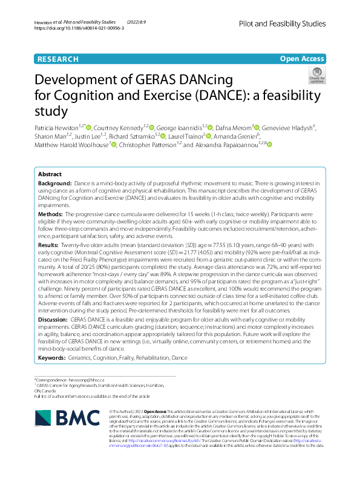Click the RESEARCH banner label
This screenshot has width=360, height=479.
tap(57, 59)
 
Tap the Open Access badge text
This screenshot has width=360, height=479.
tap(302, 59)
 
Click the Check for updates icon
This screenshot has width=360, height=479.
tap(316, 75)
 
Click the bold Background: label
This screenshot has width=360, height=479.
tap(55, 183)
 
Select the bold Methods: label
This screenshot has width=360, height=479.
tap(50, 214)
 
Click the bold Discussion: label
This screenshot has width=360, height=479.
tap(53, 318)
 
